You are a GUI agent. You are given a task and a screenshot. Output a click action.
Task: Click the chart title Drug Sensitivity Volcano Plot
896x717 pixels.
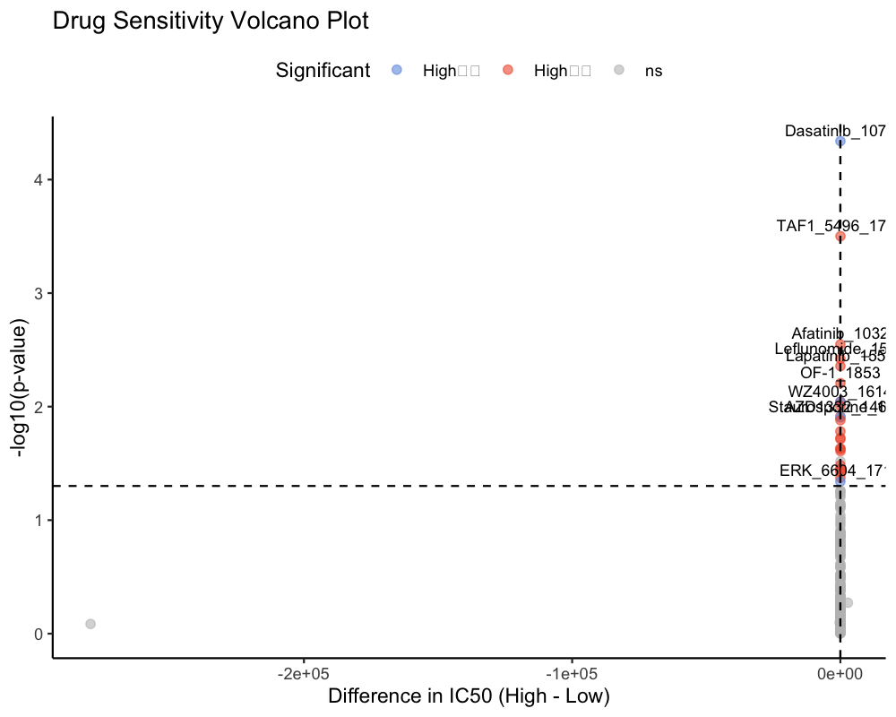[211, 22]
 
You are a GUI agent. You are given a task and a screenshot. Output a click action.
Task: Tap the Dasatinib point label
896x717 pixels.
[835, 131]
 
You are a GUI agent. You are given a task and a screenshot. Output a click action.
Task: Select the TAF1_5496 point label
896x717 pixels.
[831, 226]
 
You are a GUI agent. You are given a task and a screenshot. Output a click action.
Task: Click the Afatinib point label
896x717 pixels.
[839, 334]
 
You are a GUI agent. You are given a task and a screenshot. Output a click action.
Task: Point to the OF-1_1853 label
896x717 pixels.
[840, 372]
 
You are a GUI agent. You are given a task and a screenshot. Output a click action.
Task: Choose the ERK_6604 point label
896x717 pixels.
[832, 471]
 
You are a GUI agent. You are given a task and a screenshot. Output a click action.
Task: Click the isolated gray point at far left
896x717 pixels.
[90, 623]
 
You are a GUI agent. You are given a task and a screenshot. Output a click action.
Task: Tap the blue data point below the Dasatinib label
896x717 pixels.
[840, 142]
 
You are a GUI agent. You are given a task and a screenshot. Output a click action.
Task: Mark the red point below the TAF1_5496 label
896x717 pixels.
[840, 237]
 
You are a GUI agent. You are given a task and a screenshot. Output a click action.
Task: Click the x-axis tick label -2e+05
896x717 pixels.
[304, 672]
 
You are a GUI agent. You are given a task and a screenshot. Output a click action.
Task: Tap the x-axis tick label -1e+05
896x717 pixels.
[572, 672]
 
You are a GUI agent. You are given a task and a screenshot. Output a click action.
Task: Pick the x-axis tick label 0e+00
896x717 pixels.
[840, 672]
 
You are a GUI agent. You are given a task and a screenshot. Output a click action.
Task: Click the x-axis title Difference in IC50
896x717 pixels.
[469, 696]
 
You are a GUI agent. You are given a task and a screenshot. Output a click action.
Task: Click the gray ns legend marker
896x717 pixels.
[618, 70]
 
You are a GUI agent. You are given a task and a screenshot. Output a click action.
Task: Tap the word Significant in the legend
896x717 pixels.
[323, 70]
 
